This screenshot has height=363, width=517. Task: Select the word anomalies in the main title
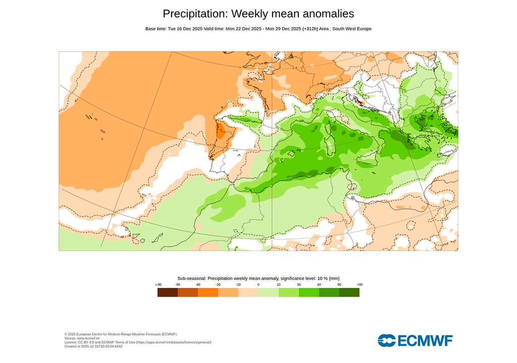[x=328, y=14]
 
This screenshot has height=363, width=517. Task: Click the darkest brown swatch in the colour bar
[x=168, y=292]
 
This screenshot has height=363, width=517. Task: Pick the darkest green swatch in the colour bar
[x=349, y=292]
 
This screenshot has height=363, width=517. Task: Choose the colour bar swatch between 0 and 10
[x=269, y=292]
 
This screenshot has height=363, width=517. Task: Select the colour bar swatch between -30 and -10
[x=228, y=292]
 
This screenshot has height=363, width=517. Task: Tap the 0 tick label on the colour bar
[x=258, y=285]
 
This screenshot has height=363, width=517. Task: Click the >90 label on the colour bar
[x=359, y=285]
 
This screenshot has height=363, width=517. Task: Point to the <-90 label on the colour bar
[x=158, y=285]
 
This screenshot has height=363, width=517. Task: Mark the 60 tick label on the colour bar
[x=319, y=285]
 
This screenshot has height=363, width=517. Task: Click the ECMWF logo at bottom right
[x=415, y=340]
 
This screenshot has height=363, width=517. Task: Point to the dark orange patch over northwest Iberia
[x=221, y=132]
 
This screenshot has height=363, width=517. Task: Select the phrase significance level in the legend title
[x=298, y=278]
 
